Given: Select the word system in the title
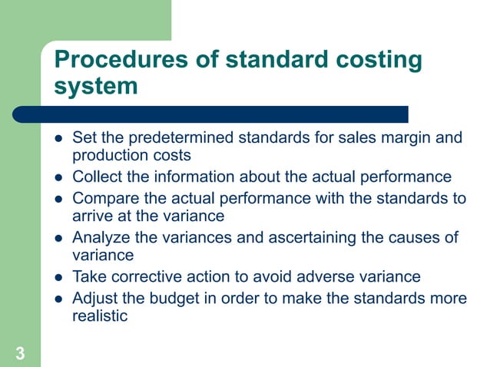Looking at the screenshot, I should pyautogui.click(x=96, y=85).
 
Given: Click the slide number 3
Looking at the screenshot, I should pyautogui.click(x=19, y=353).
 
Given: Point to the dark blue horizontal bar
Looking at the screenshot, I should pyautogui.click(x=211, y=114).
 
